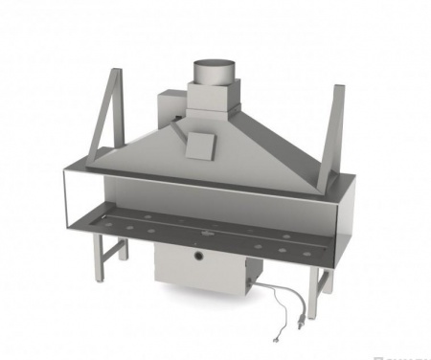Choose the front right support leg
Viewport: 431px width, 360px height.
(x=322, y=280)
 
